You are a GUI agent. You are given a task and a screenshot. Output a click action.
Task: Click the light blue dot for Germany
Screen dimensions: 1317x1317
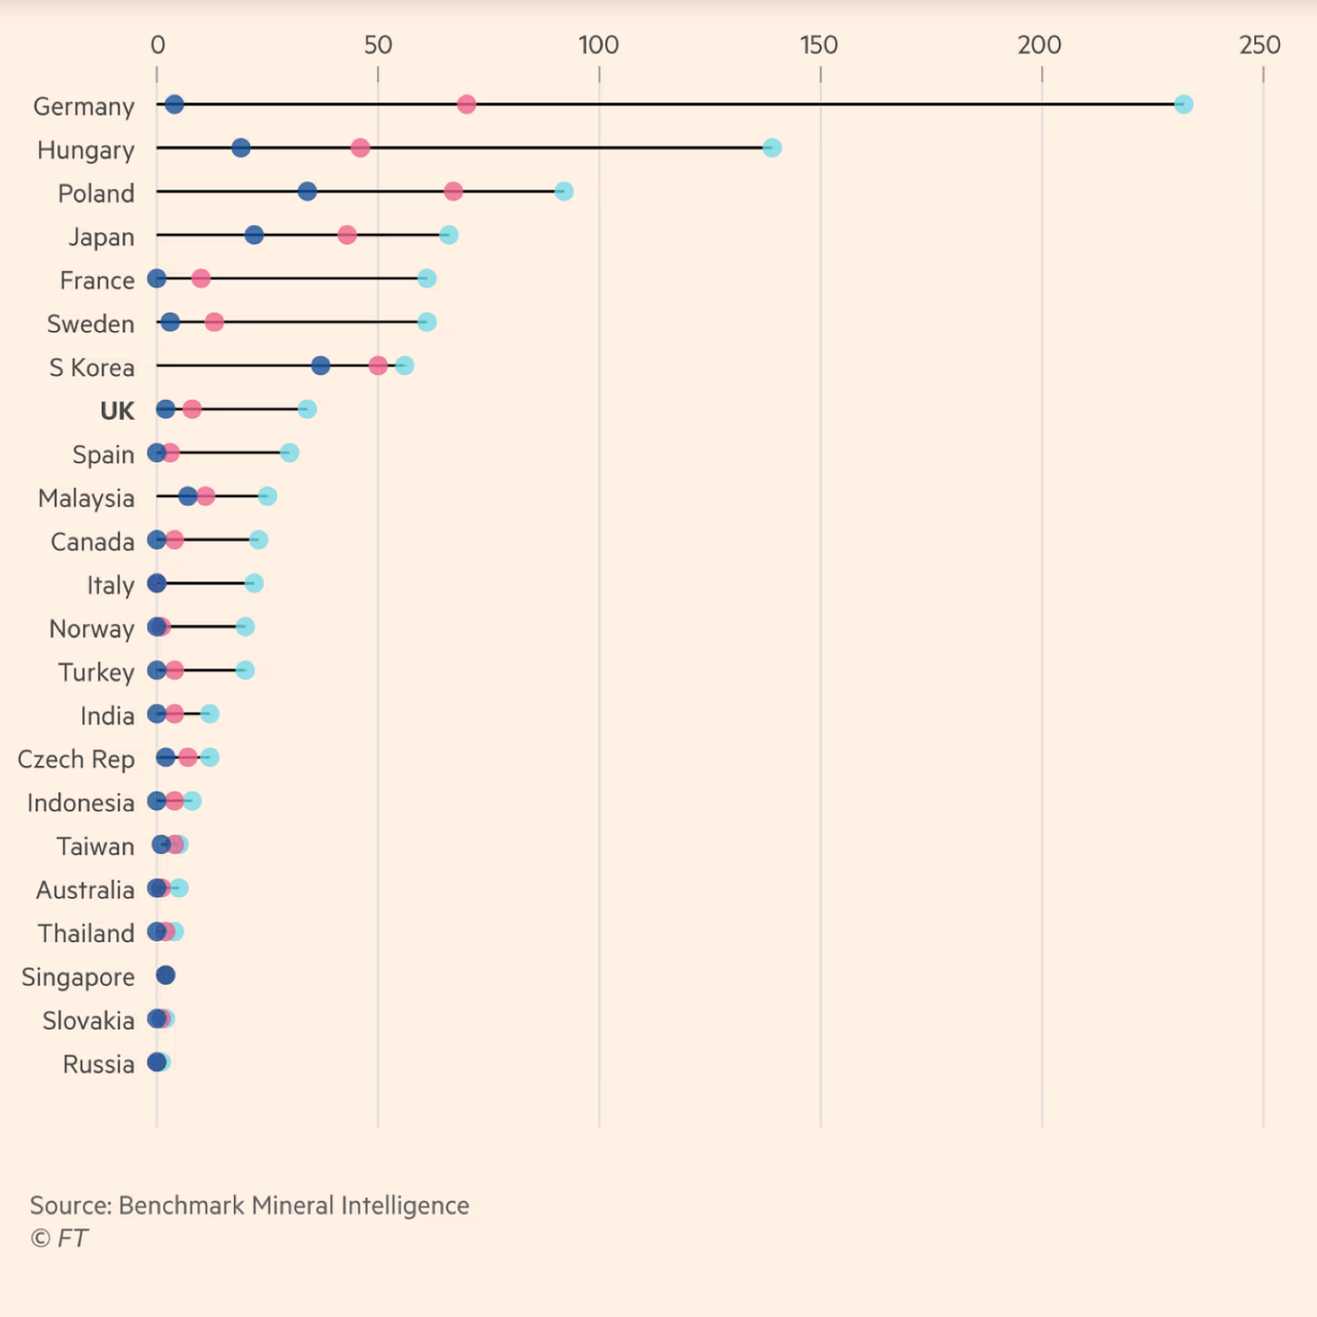coord(1183,104)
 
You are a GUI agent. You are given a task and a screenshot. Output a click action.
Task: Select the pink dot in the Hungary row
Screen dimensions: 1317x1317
coord(360,148)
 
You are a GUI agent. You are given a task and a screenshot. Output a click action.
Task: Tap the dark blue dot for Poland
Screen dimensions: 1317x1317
coord(306,192)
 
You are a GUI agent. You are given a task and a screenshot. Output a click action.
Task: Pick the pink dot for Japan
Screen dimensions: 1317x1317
coord(347,235)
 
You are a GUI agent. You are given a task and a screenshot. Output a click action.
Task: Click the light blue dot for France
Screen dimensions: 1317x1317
coord(427,279)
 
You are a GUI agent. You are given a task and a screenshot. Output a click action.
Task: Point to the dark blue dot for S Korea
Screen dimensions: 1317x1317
coord(321,366)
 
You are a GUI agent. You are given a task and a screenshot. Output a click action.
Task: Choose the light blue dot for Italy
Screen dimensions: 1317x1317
coord(254,583)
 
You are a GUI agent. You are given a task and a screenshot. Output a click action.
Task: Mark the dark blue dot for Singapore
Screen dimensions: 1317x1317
coord(165,975)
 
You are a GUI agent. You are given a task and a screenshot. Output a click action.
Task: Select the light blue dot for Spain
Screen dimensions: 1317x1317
coord(289,452)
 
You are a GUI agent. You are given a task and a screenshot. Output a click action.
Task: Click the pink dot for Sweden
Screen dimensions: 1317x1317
coord(215,323)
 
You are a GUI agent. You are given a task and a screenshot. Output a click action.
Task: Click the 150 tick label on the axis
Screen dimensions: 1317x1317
coord(819,45)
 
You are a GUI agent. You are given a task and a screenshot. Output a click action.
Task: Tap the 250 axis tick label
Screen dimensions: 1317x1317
coord(1260,45)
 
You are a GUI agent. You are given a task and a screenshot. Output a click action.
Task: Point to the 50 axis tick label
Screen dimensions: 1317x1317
coord(378,45)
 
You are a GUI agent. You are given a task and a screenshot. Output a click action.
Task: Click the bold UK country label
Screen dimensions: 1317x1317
coord(117,411)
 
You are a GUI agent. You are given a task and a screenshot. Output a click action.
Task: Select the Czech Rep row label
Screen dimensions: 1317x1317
coord(76,760)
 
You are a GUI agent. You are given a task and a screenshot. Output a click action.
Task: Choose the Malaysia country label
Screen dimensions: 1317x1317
coord(86,498)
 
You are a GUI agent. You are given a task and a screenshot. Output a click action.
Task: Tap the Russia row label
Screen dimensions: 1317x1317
coord(98,1064)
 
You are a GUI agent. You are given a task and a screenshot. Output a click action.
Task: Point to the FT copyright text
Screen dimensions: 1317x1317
coord(59,1239)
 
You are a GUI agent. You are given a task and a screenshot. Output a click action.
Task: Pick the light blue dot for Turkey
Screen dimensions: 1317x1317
coord(245,670)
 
